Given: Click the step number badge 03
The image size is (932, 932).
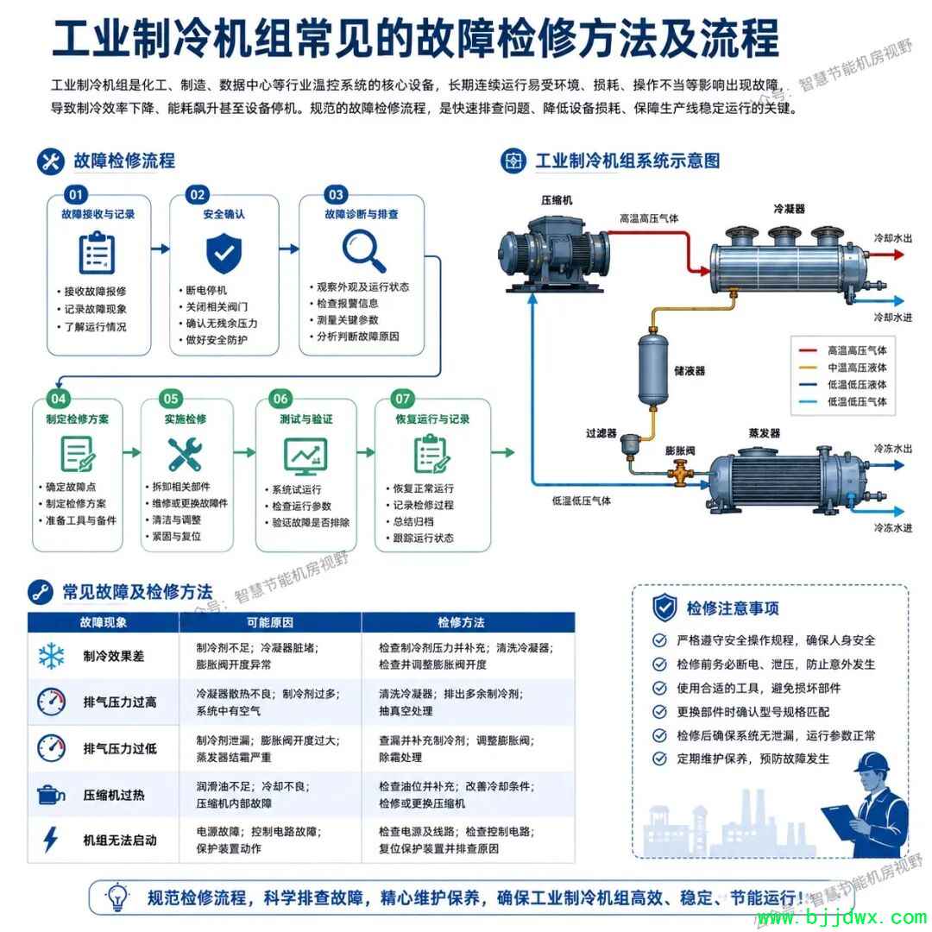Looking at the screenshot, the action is tap(336, 194).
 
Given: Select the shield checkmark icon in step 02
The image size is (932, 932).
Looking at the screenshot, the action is tap(224, 254).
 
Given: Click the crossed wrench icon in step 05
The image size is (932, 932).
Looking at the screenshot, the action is tap(185, 455).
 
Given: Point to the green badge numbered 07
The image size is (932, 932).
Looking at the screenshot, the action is tap(402, 399).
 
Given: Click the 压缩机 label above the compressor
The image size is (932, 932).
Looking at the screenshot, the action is tap(557, 200).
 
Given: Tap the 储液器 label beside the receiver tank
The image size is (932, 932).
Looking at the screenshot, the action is tap(690, 371).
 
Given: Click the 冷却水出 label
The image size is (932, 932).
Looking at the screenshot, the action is tap(893, 238).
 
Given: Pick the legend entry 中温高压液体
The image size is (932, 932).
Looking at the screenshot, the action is tap(857, 368).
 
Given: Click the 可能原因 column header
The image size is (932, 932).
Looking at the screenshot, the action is tap(270, 622).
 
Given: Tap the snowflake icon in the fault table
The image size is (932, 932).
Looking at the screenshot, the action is tap(52, 655).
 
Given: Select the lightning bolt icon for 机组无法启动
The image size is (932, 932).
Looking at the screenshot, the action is tap(51, 840).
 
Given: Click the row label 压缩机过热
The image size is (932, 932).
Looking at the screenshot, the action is tap(114, 795).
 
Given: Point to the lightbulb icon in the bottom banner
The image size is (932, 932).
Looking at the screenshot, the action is tap(117, 897).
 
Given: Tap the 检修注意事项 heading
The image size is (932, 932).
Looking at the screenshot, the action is tap(733, 608).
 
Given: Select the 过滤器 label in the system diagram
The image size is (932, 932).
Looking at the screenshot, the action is tap(601, 433).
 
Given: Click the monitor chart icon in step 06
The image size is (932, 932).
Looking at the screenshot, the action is tap(305, 457).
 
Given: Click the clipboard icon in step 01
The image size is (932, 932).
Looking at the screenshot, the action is tap(97, 253).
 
